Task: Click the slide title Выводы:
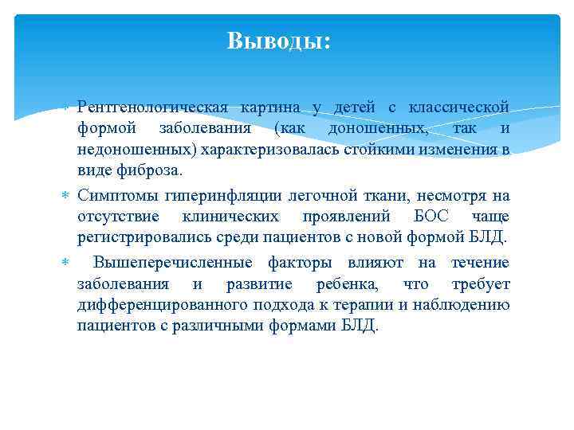(x=278, y=40)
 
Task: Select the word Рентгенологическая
(x=153, y=107)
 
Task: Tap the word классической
(x=459, y=107)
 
